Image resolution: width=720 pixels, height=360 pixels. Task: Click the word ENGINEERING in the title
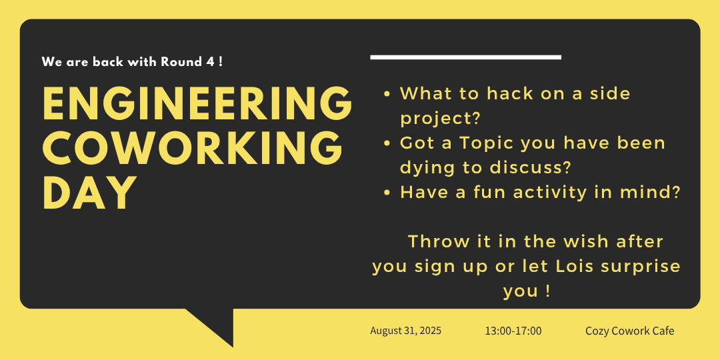coord(197,103)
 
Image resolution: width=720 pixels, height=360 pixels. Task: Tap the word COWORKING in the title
coord(193,147)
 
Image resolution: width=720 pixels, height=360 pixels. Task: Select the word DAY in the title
coord(90,192)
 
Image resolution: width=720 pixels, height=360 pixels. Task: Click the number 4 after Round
coord(211,62)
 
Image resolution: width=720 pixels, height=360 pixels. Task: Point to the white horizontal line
coord(465,57)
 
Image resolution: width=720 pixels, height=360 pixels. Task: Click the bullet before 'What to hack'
coord(387,94)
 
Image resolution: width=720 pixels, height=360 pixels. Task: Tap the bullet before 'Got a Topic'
coord(387,143)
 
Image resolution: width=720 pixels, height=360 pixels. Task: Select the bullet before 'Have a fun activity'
coord(387,193)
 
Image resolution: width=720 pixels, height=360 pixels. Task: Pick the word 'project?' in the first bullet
coord(440,119)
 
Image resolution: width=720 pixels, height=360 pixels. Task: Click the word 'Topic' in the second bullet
coord(487,143)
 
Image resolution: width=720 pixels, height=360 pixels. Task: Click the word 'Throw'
coord(433,241)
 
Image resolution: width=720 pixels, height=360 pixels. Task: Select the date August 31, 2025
coord(406,331)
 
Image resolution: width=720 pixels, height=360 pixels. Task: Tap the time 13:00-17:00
coord(513,331)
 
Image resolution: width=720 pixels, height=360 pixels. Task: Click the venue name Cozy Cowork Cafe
coord(630,331)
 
